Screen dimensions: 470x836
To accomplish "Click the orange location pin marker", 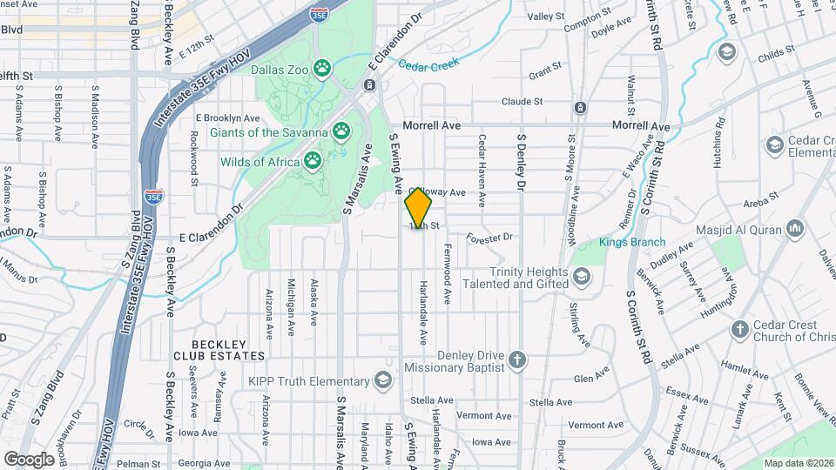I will point(418,208).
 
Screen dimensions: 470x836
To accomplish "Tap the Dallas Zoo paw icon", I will point(322,67).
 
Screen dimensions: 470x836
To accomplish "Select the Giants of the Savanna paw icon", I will point(343,133).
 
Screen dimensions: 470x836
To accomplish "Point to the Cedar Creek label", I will point(427,63).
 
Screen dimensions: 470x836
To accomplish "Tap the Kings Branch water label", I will point(631,242).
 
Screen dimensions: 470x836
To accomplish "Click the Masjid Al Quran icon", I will point(793,230).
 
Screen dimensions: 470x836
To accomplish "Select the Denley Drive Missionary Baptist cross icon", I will point(517,359).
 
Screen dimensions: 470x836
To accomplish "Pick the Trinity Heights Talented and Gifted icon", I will point(582,277).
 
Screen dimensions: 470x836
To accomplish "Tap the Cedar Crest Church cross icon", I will point(740,330).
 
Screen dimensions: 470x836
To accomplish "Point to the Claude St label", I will point(522,102).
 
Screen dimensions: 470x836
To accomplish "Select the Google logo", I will point(29,459).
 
